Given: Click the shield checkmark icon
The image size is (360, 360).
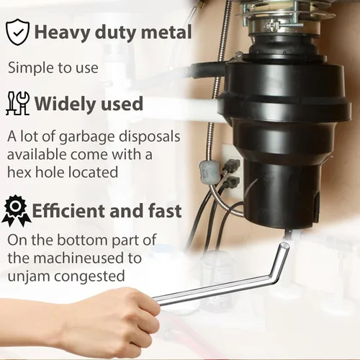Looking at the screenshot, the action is [x=17, y=32].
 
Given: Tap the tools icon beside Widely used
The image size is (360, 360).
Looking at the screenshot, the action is [x=17, y=103].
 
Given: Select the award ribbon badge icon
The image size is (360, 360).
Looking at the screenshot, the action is [x=17, y=211].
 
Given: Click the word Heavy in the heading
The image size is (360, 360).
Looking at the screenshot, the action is [x=62, y=32].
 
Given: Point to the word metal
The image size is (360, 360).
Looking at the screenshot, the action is [x=166, y=32].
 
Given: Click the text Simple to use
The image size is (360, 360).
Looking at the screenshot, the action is [x=53, y=68].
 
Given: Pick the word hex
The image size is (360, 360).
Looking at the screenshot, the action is [x=20, y=172].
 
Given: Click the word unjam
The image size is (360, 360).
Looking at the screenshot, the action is [x=29, y=276].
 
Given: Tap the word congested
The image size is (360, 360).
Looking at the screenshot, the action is [x=89, y=276].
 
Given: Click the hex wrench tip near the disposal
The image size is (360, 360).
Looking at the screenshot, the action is [x=284, y=246].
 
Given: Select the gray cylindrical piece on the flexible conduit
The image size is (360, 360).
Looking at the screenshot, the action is [x=209, y=173].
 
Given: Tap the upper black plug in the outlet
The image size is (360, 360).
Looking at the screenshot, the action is [x=233, y=164].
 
